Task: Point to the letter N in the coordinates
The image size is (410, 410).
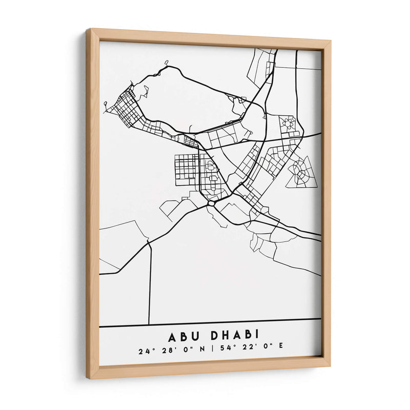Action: pyautogui.click(x=203, y=351)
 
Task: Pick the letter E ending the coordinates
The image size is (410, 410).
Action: pyautogui.click(x=280, y=351)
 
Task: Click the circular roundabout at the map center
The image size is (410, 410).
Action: pyautogui.click(x=211, y=203)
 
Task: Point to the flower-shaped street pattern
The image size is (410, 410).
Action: pyautogui.click(x=288, y=122)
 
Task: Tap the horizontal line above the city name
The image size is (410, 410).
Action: pyautogui.click(x=210, y=322)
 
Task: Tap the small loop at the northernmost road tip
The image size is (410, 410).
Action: pyautogui.click(x=166, y=64)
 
